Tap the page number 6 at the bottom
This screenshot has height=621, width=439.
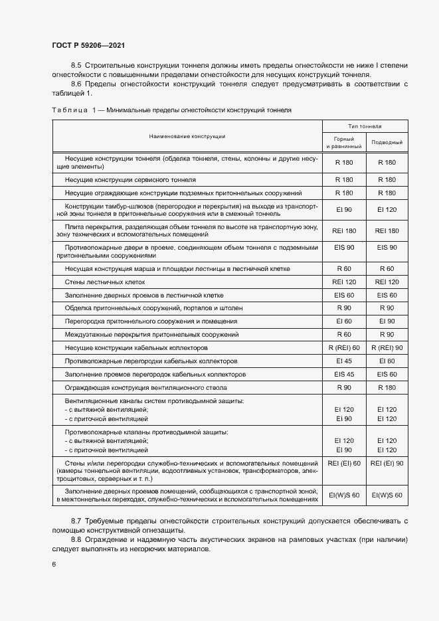coord(54,564)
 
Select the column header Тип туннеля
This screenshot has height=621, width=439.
coord(365,126)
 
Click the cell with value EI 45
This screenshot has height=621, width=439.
coord(344,361)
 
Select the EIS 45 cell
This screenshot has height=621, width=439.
coord(344,374)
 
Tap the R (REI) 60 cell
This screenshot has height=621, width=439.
coord(344,347)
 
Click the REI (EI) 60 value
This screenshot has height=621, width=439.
coord(344,463)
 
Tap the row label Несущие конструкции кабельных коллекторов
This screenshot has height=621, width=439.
coord(137,347)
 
